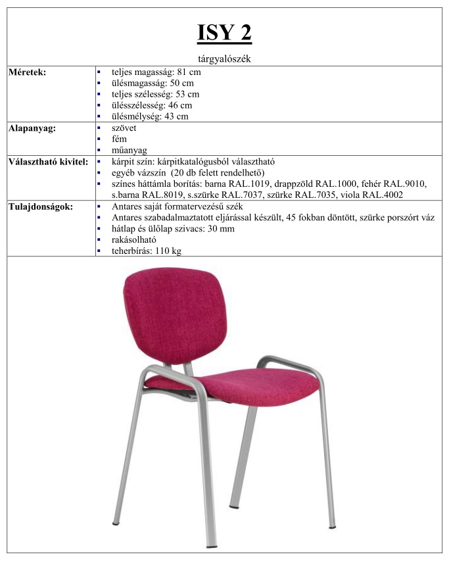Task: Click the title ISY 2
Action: (x=224, y=32)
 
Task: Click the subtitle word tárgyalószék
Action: (x=224, y=59)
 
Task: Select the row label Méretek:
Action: (x=27, y=72)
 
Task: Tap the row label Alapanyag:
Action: (x=32, y=128)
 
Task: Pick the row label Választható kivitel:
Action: (x=47, y=162)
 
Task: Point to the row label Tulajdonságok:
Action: (x=40, y=207)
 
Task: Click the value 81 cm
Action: (x=189, y=72)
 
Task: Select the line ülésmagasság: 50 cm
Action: (x=153, y=84)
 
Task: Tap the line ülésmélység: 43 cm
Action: (x=150, y=116)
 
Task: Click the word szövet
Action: (x=124, y=128)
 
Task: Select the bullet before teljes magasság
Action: (x=99, y=72)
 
